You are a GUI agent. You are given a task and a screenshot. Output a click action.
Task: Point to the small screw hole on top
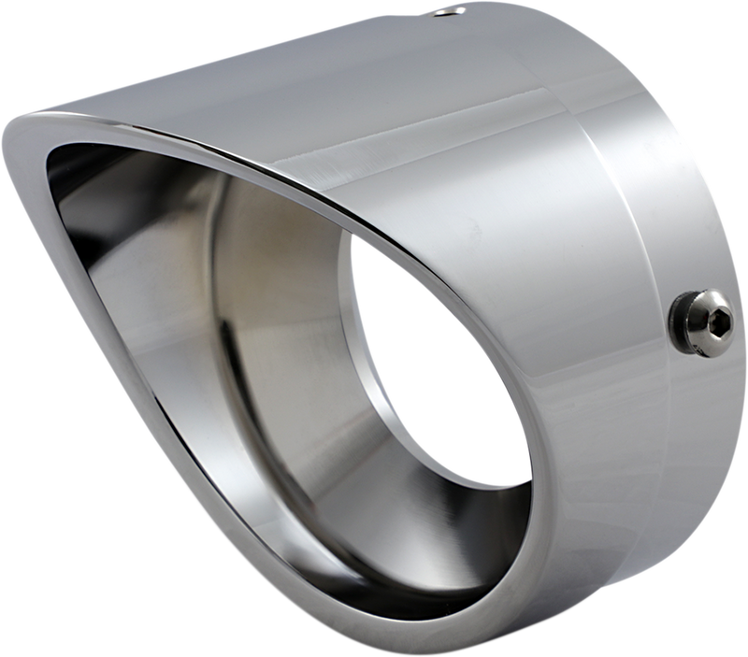coord(457,11)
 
